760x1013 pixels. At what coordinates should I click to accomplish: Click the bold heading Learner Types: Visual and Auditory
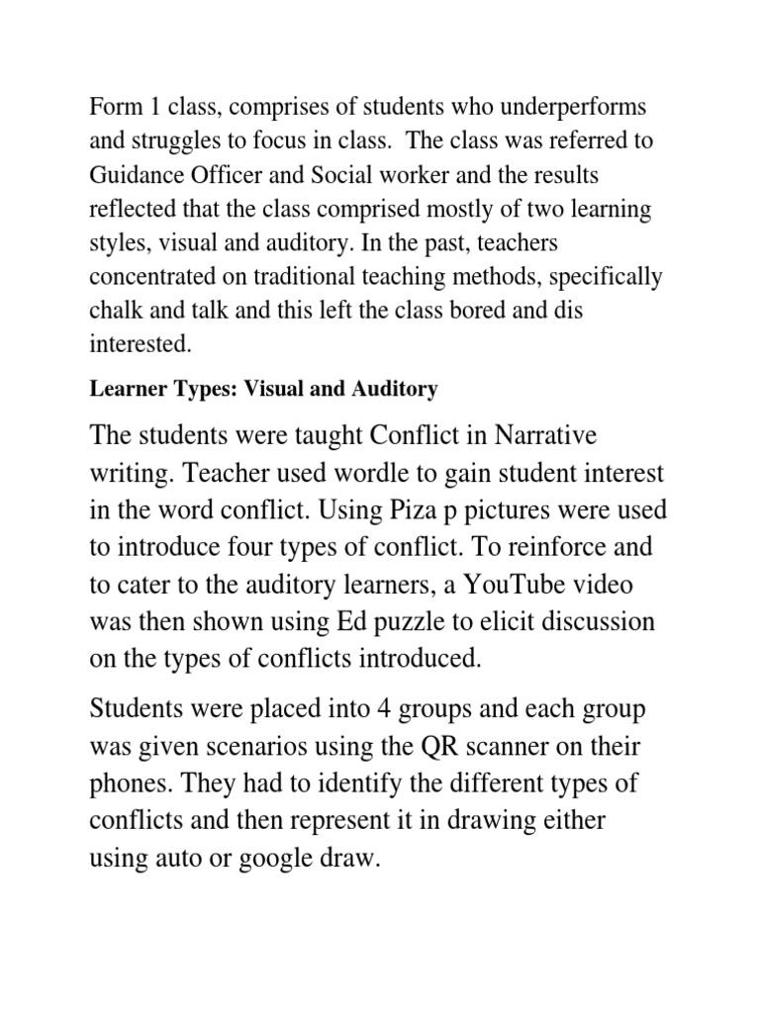[x=263, y=390]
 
